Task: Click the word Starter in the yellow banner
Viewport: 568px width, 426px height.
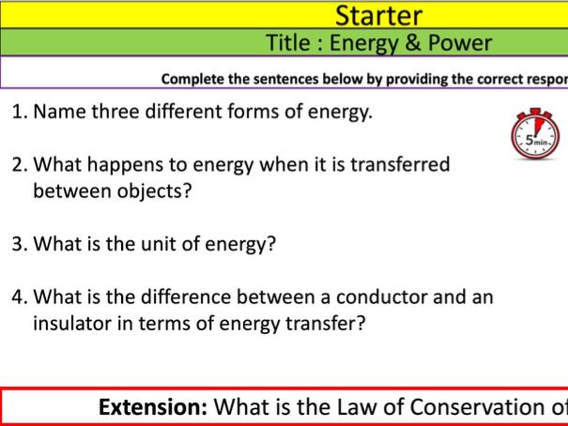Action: pos(378,15)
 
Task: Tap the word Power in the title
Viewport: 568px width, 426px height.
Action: pos(457,42)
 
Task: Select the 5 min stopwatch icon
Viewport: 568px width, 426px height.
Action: pos(535,134)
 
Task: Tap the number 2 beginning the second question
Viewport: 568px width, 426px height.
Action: pos(18,165)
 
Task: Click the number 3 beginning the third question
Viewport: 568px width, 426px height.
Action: pos(18,245)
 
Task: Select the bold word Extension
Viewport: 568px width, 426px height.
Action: pos(153,407)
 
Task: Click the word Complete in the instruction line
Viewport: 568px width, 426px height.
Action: pos(193,79)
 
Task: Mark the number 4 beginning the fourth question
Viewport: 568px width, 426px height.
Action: pos(18,297)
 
